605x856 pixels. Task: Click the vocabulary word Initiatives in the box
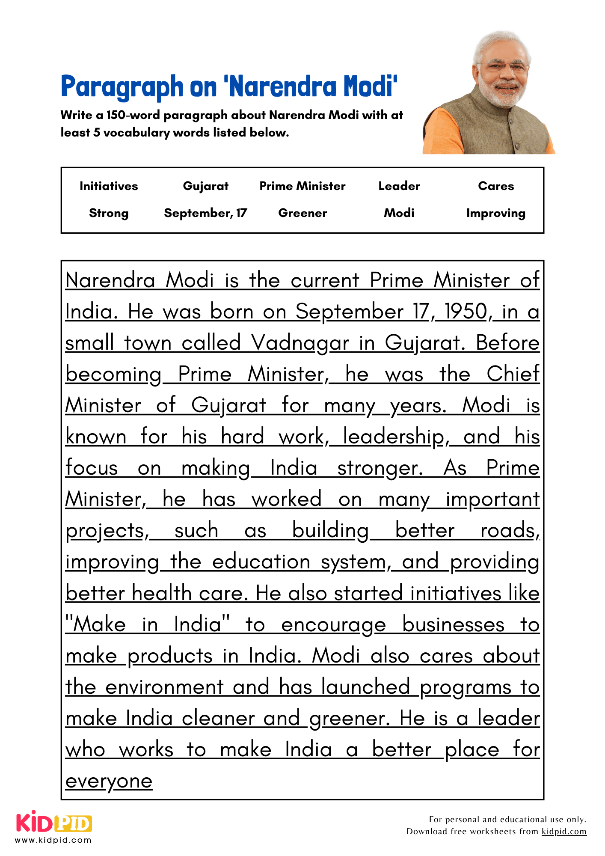click(x=109, y=186)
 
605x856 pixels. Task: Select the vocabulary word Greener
click(x=302, y=213)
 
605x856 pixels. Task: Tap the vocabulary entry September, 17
click(x=205, y=213)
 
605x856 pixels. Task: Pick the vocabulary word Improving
click(x=495, y=213)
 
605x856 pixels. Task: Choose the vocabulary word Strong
click(x=109, y=213)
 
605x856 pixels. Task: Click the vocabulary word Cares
click(x=496, y=186)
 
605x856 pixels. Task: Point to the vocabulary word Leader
click(x=399, y=186)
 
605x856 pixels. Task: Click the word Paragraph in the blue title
click(x=122, y=87)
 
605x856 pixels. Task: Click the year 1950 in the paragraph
click(x=466, y=312)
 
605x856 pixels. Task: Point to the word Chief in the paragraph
click(x=513, y=374)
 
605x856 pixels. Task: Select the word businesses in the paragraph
click(x=453, y=625)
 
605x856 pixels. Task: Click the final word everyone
click(x=109, y=782)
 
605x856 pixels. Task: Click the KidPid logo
click(x=54, y=822)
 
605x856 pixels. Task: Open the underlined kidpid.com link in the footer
click(x=563, y=832)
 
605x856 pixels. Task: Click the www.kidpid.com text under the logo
click(x=53, y=840)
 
